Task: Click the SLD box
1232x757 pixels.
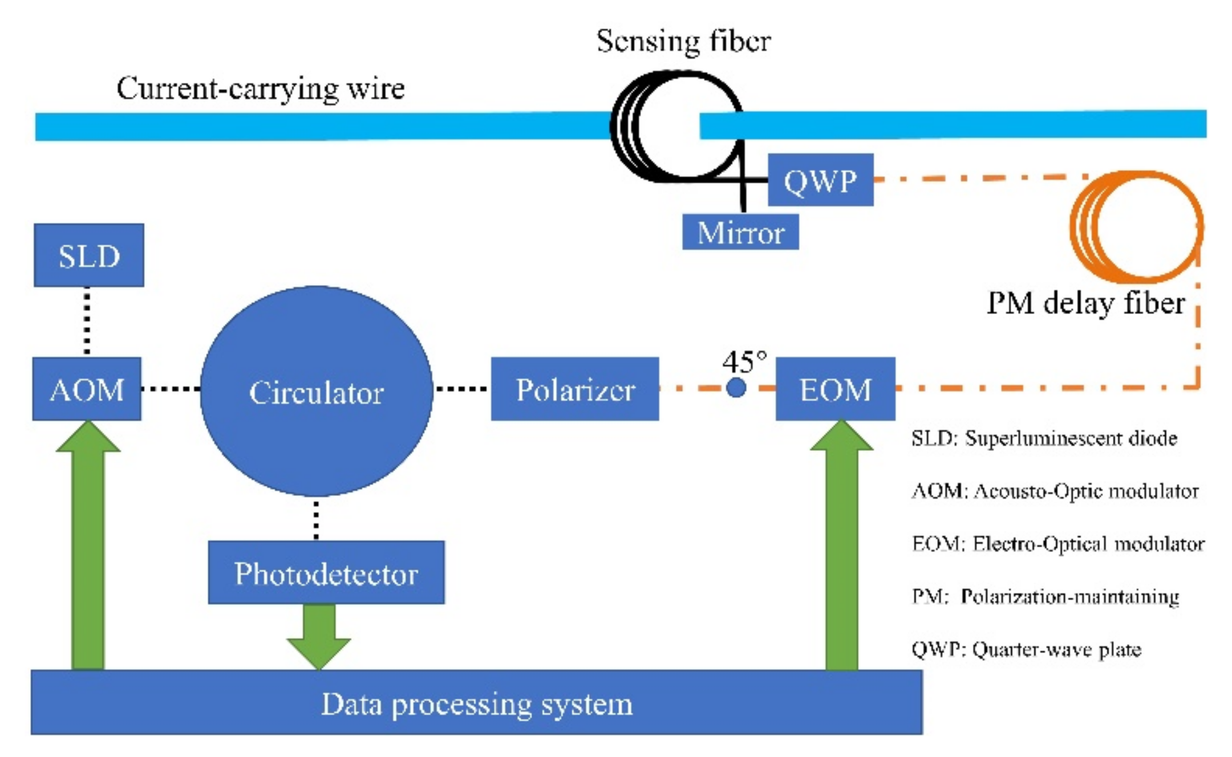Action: click(x=89, y=255)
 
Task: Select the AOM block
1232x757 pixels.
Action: click(x=87, y=389)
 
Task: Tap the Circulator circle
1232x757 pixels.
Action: click(x=317, y=391)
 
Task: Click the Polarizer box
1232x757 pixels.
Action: click(x=575, y=389)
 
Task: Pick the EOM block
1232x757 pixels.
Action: click(x=836, y=389)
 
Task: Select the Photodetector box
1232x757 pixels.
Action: click(x=326, y=572)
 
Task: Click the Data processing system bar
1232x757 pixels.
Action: click(x=477, y=702)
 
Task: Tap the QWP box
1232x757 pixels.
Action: click(x=821, y=180)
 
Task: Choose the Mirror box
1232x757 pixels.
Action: click(x=741, y=232)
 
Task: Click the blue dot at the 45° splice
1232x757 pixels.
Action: click(x=736, y=388)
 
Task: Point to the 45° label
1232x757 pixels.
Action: click(x=744, y=361)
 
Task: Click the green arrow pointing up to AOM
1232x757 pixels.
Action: click(x=88, y=545)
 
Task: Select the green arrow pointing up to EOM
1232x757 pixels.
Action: click(x=842, y=545)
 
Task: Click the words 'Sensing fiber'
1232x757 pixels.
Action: click(x=684, y=41)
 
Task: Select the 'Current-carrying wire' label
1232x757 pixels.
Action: click(x=261, y=89)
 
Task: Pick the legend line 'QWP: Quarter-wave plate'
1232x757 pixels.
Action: click(x=1026, y=649)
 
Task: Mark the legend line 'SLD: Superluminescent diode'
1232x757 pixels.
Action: click(x=1044, y=438)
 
